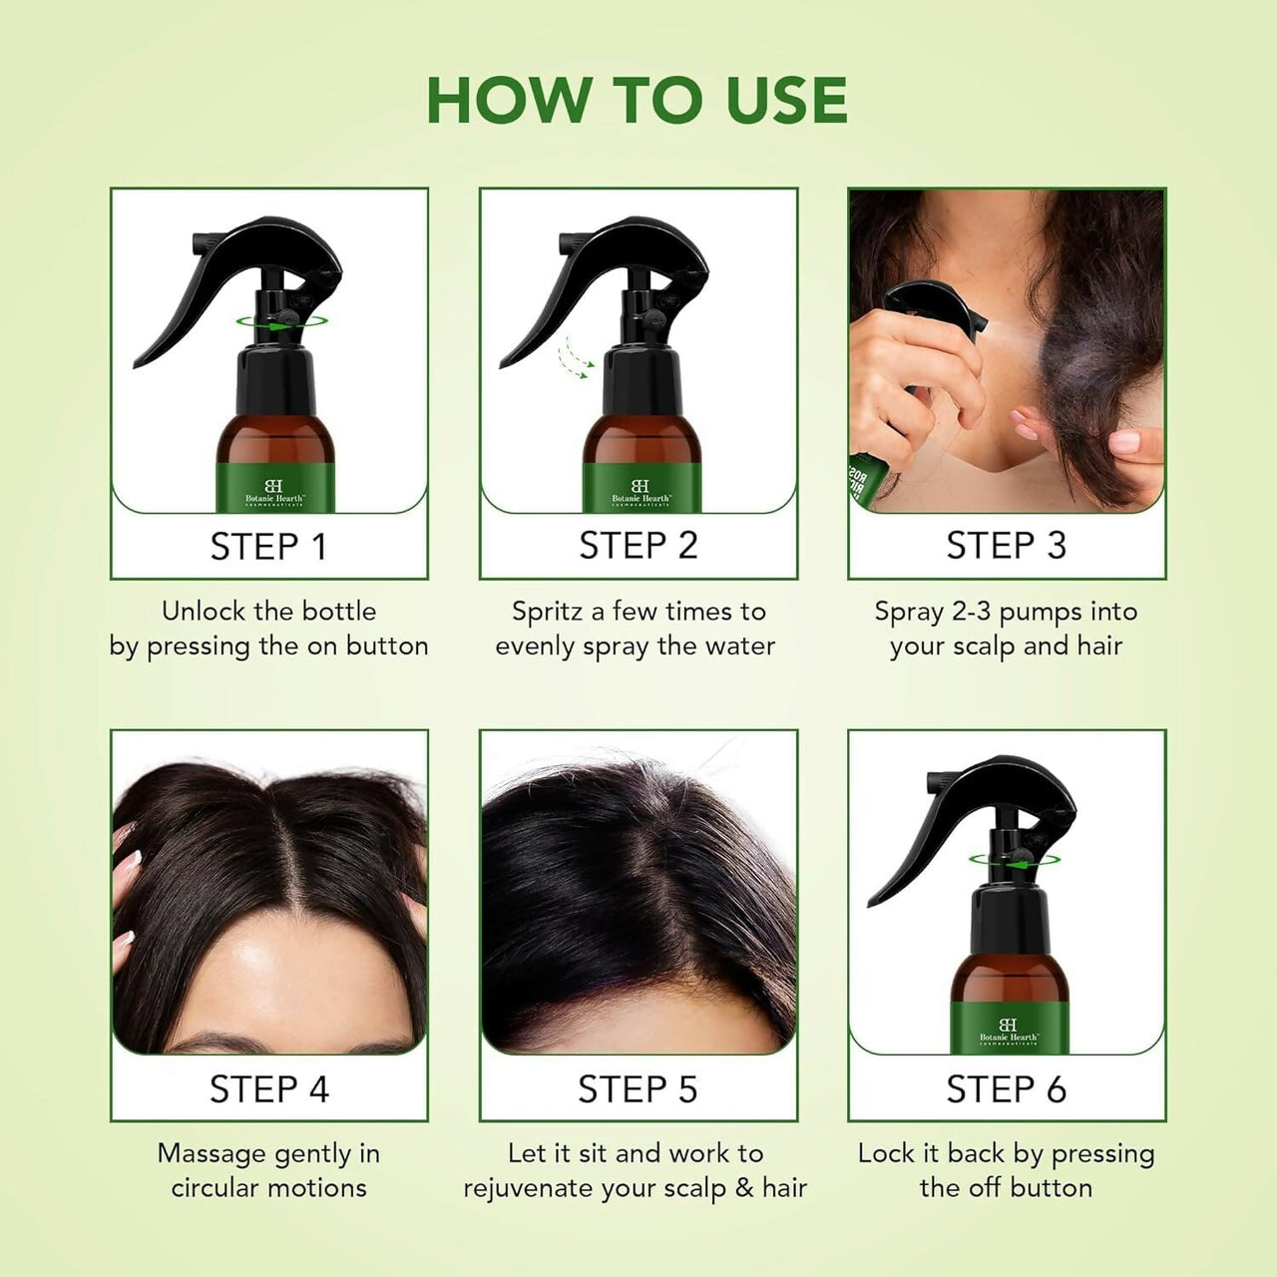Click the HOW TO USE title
tap(637, 100)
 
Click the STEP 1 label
tap(268, 547)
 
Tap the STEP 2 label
tap(638, 546)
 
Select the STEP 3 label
tap(1006, 546)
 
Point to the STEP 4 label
tap(268, 1089)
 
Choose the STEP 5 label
tap(638, 1089)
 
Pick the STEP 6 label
tap(1006, 1089)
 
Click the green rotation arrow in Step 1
tap(285, 321)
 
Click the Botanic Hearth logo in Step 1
tap(273, 491)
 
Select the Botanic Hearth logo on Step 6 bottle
tap(1008, 1032)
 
